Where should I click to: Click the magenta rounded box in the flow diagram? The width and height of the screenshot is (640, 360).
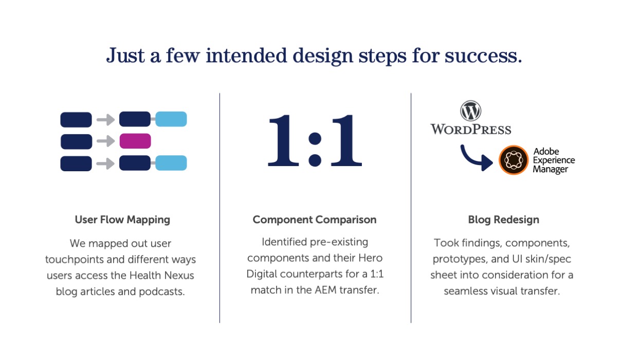(x=135, y=141)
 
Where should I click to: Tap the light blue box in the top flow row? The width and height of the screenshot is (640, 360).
(x=171, y=119)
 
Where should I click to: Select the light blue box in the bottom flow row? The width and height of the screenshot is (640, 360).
(x=171, y=163)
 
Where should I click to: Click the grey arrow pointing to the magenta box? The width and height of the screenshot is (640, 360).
(x=106, y=141)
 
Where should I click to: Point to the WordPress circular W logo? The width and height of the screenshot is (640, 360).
(x=470, y=111)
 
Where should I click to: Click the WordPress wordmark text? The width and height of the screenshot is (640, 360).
(x=471, y=129)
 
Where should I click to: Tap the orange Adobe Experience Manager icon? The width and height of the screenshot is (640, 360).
(x=514, y=160)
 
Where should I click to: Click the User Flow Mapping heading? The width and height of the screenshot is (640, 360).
(x=122, y=220)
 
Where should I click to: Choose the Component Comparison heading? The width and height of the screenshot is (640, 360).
(x=315, y=220)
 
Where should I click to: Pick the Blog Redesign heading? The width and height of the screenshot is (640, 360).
(x=504, y=220)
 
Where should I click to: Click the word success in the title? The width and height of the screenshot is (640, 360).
(x=483, y=56)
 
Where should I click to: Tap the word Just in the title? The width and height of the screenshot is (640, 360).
(x=125, y=56)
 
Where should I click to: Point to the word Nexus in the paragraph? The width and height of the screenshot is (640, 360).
(x=178, y=275)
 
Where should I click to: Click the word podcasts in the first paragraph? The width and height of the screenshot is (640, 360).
(x=162, y=292)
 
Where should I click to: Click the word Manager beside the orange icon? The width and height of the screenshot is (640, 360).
(x=550, y=169)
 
